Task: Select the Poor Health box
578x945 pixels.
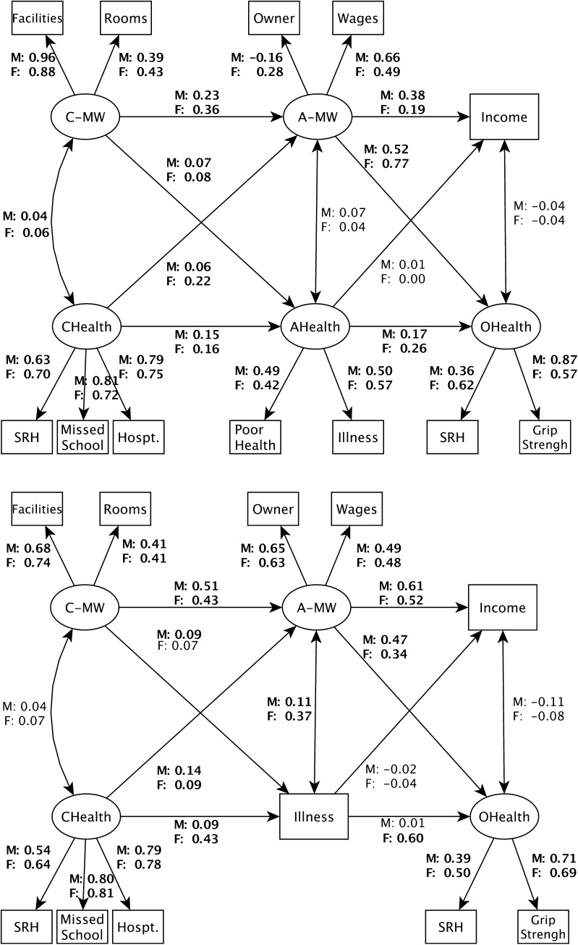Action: pos(255,437)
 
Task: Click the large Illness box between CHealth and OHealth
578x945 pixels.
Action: pos(314,817)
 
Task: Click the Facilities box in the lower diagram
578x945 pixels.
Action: pos(38,509)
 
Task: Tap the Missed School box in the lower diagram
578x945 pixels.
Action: pos(83,927)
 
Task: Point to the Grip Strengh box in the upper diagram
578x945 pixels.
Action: pos(543,437)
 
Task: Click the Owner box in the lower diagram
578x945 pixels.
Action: pos(273,509)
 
